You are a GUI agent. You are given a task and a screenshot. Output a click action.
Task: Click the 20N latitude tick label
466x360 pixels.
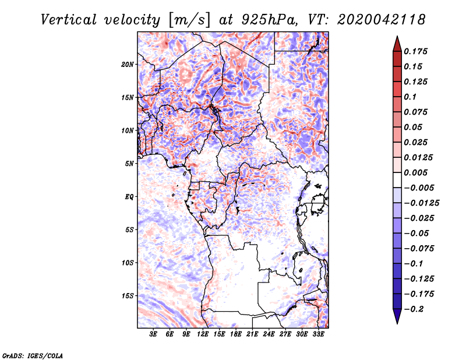pyautogui.click(x=128, y=64)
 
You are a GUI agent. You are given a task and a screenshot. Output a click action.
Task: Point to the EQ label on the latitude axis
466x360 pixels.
pyautogui.click(x=129, y=196)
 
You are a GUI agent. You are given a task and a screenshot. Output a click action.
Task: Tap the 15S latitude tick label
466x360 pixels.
pyautogui.click(x=128, y=295)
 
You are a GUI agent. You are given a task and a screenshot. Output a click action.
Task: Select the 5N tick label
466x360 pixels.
pyautogui.click(x=129, y=164)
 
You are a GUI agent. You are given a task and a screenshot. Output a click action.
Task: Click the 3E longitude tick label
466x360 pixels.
pyautogui.click(x=154, y=334)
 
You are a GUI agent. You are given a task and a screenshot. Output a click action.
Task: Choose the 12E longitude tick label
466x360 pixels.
pyautogui.click(x=203, y=334)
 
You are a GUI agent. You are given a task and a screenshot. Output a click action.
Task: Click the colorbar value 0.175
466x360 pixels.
pyautogui.click(x=416, y=51)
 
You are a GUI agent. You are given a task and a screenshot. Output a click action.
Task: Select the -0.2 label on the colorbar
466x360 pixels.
pyautogui.click(x=415, y=309)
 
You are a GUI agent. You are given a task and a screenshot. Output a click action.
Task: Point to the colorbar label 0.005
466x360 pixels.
pyautogui.click(x=416, y=172)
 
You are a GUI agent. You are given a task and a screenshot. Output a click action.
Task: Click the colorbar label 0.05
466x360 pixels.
pyautogui.click(x=414, y=127)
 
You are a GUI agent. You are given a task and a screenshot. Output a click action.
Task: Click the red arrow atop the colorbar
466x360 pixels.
pyautogui.click(x=397, y=43)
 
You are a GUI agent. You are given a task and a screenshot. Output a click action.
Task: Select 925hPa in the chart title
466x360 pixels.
pyautogui.click(x=266, y=19)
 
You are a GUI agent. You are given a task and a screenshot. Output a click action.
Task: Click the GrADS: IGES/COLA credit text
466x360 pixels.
pyautogui.click(x=33, y=355)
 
